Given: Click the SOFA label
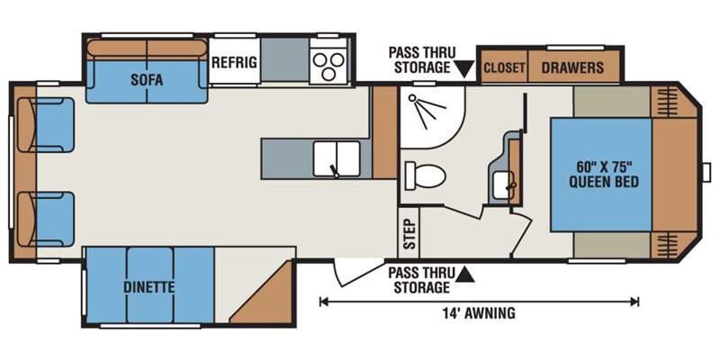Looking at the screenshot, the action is click(147, 80).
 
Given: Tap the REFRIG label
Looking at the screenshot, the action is click(234, 62).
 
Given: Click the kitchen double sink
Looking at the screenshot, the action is click(337, 159).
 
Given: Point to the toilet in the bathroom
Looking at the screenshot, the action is click(425, 175).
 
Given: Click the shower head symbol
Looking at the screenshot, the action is click(426, 110).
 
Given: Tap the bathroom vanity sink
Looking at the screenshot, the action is click(503, 185).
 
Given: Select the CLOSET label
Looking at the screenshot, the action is click(504, 68).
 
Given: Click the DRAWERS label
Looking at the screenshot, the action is click(572, 68).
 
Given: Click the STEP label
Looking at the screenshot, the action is click(409, 233).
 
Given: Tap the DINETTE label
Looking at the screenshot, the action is click(148, 287).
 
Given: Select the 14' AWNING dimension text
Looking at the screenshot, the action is click(479, 313).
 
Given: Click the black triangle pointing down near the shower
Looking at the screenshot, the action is click(463, 70).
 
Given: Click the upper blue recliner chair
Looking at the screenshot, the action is click(46, 125).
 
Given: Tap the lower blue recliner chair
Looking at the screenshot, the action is click(46, 219).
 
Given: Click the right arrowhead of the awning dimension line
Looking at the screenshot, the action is click(635, 301).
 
